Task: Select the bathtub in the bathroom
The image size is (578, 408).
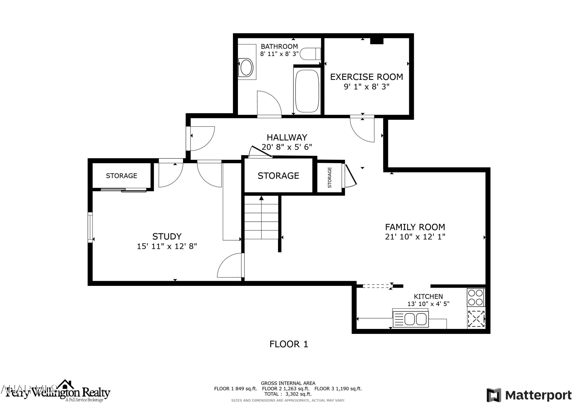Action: (307, 91)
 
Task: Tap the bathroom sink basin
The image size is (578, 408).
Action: (246, 67)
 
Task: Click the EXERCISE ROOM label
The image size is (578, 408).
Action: (366, 77)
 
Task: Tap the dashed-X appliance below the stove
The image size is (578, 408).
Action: (476, 319)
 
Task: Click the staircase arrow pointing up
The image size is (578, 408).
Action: (261, 198)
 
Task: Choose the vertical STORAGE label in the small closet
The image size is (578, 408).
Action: (329, 178)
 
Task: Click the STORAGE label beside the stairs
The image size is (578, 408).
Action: (278, 176)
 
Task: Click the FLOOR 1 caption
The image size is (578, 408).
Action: (289, 344)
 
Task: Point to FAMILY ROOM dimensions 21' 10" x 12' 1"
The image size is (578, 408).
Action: (415, 237)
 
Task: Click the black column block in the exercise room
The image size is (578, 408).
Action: (377, 41)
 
